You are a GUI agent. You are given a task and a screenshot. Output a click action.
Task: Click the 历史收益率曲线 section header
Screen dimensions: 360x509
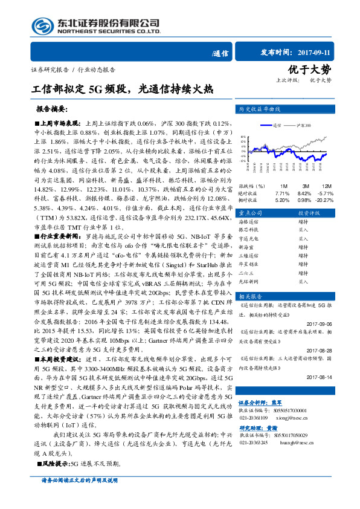[x=260, y=110]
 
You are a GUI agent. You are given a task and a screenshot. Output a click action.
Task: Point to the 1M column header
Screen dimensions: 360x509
[x=283, y=186]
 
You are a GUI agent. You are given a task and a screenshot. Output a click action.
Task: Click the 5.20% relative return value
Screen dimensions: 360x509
[x=282, y=199]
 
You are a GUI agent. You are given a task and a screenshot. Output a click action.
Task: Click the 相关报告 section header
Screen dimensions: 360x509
[x=250, y=296]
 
